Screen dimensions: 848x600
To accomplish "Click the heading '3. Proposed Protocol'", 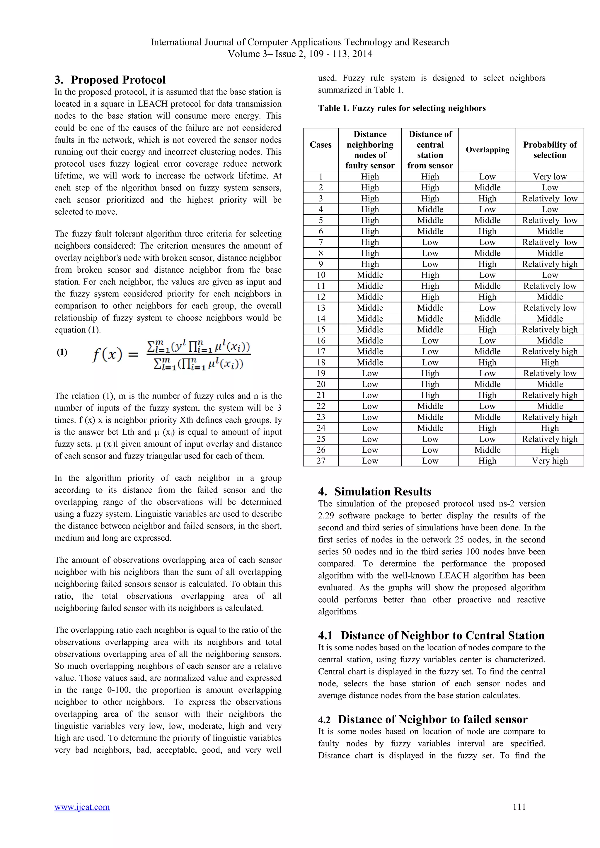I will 110,80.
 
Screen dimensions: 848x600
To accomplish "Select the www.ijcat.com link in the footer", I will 82,807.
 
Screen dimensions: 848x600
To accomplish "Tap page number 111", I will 519,807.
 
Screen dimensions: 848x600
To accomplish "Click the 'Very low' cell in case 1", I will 550,177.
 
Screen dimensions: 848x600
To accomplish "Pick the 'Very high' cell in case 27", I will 550,461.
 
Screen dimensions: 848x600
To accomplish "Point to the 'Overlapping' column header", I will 487,150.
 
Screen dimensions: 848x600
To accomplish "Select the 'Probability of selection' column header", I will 550,150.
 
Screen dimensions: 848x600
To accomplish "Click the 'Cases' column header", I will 320,145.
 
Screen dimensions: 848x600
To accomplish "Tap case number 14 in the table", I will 321,319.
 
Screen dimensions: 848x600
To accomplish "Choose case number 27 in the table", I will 321,461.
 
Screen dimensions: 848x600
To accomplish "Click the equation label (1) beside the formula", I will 62,352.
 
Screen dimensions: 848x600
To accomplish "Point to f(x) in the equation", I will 107,355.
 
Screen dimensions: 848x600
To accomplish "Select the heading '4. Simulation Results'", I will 375,492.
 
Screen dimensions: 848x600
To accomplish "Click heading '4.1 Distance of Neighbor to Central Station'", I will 431,635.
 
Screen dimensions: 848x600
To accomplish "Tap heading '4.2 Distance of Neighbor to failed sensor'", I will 423,719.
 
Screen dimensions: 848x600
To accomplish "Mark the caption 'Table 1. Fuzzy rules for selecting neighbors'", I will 402,108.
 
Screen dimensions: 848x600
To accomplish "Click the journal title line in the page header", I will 300,42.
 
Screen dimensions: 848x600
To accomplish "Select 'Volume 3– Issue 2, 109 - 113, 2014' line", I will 300,54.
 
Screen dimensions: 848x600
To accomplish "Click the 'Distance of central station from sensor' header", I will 430,150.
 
